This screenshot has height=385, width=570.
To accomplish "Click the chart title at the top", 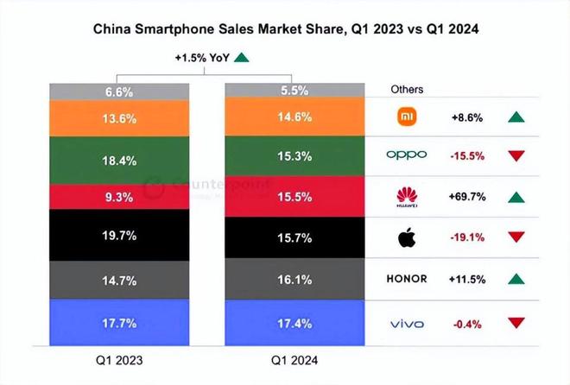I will pyautogui.click(x=284, y=29).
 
